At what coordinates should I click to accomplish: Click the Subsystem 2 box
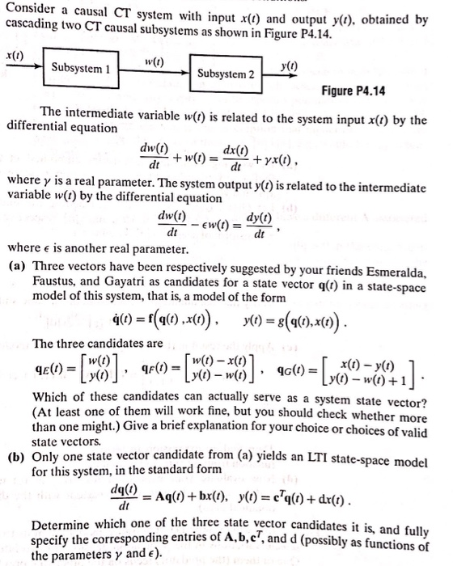(226, 74)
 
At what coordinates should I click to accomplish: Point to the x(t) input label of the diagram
(14, 53)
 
